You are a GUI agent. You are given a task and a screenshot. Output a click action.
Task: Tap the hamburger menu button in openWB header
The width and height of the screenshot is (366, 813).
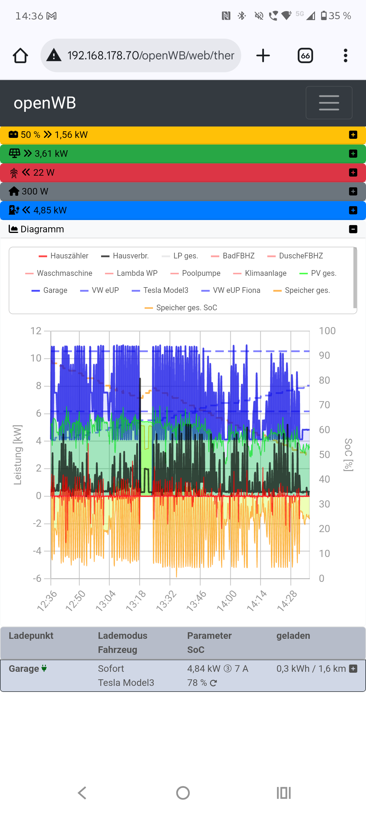329,103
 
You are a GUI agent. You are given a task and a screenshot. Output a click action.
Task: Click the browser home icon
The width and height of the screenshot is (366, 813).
20,55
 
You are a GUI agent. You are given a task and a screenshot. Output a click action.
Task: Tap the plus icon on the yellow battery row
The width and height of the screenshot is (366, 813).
353,135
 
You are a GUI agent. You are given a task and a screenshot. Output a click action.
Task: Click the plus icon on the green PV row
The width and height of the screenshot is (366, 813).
353,154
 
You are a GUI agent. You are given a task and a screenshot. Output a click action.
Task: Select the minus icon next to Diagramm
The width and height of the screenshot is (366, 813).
353,229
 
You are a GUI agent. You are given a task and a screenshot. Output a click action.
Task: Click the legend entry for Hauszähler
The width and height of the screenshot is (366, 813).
64,256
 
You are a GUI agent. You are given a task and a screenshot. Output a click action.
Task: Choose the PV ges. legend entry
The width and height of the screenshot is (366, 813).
318,273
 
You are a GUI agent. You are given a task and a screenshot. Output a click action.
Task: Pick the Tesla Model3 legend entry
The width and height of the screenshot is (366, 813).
160,290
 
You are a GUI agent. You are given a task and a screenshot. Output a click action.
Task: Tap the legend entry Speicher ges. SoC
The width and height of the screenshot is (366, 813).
181,308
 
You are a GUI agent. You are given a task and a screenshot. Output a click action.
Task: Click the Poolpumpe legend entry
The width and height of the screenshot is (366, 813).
196,273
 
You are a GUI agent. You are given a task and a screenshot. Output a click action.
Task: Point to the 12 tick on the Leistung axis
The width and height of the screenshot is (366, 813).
36,331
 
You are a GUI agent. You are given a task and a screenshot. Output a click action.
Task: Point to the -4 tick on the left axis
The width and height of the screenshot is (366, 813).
37,551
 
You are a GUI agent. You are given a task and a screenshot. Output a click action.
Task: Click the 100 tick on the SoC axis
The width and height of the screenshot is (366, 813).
327,331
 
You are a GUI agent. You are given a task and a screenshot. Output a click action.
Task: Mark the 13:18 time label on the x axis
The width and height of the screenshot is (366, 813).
136,600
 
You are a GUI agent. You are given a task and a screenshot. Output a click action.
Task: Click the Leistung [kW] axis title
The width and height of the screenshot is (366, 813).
18,454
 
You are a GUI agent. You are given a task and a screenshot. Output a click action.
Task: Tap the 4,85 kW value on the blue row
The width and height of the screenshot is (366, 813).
50,210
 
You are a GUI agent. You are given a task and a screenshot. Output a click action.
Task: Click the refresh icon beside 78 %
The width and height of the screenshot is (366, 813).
214,683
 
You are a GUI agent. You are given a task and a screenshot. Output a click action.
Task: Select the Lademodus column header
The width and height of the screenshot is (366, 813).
122,636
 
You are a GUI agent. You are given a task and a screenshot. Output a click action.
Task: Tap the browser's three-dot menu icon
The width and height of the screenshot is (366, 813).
346,55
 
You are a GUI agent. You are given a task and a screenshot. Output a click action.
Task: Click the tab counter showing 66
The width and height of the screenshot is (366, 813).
305,55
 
